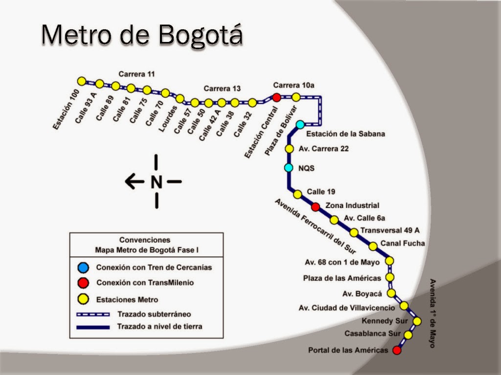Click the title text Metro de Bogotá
tap(142, 35)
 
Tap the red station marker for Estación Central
tap(276, 98)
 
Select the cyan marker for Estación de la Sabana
tap(300, 125)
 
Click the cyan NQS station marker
tap(289, 168)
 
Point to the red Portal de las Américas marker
tap(397, 350)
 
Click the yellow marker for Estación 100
tap(82, 81)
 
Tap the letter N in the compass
tap(156, 182)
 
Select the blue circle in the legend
tap(83, 267)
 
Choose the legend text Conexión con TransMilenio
tap(145, 283)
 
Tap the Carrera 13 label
tap(222, 88)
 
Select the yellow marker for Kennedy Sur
tap(417, 321)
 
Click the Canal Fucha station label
tap(403, 243)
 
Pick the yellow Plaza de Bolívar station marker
tap(296, 97)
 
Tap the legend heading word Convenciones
tap(145, 240)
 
